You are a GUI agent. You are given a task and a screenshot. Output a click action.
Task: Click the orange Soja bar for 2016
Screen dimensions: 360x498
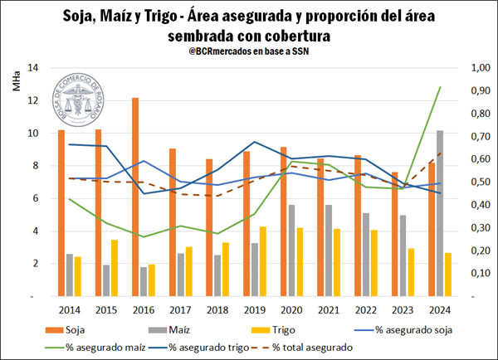[x=135, y=197]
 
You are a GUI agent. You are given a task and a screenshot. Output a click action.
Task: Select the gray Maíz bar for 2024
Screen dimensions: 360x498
[x=439, y=213]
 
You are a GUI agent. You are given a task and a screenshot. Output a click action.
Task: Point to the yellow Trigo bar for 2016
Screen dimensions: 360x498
[x=153, y=280]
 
